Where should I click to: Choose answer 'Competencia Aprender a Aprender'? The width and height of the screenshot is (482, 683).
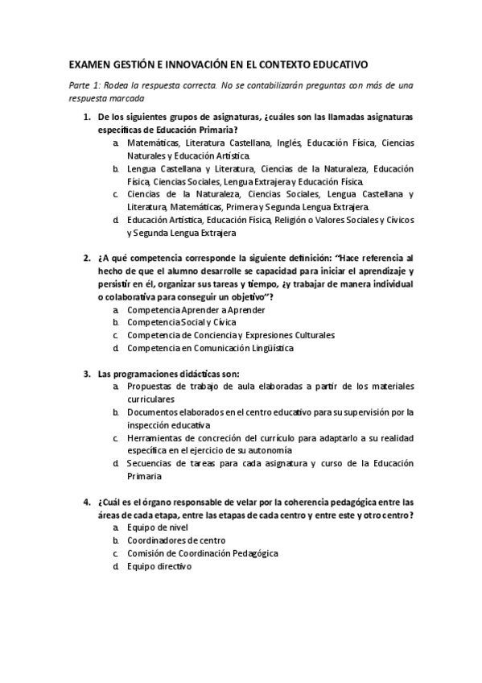coord(196,310)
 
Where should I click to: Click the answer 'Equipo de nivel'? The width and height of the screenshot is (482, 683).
coord(158,527)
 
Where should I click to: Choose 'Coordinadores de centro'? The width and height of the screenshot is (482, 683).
coord(175,540)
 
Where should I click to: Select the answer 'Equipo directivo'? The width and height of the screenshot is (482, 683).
coord(159,566)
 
